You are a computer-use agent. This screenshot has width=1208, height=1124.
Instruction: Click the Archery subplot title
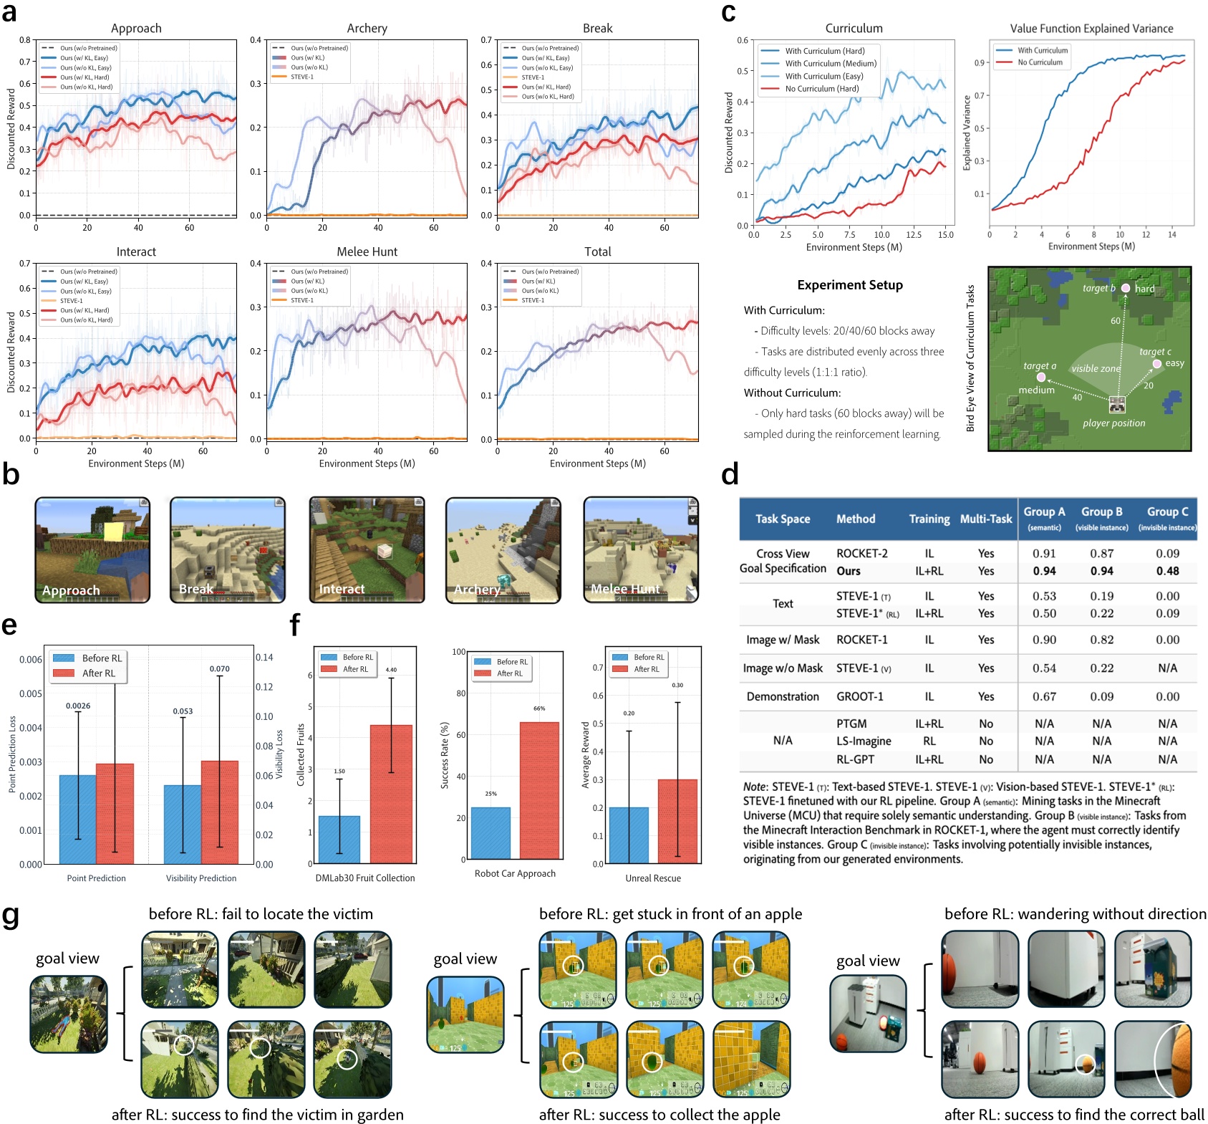367,29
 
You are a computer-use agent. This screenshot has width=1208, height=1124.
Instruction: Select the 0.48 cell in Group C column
1167,571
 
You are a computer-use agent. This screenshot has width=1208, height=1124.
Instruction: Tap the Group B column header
1101,512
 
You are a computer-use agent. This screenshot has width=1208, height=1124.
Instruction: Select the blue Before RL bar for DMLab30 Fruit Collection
339,839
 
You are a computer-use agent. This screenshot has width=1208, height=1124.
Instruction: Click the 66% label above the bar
539,708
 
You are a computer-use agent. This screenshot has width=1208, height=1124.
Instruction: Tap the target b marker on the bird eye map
1126,288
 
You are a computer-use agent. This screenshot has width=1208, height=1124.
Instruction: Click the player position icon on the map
1116,405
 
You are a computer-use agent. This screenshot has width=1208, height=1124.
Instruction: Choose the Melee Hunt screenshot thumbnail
641,549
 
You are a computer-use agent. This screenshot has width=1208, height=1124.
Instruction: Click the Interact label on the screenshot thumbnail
342,589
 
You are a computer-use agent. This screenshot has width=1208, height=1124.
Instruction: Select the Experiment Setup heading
849,284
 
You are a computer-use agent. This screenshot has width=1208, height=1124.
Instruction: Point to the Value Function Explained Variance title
1091,29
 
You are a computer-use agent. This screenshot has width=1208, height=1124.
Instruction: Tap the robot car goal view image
868,1013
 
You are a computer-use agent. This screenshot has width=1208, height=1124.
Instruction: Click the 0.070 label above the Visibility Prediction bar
219,668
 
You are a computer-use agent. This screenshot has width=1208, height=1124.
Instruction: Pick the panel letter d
730,474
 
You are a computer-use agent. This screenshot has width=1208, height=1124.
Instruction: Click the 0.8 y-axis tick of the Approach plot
25,40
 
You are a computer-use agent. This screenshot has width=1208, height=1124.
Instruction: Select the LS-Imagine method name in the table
864,741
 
